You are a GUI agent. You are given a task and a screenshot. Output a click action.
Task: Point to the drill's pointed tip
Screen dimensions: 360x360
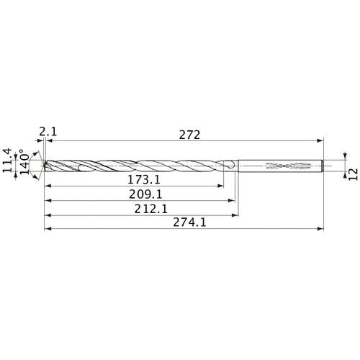(45, 166)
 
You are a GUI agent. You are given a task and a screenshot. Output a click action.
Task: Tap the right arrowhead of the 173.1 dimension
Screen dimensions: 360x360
(220, 186)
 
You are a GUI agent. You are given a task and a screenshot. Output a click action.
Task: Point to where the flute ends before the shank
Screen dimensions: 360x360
(230, 166)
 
